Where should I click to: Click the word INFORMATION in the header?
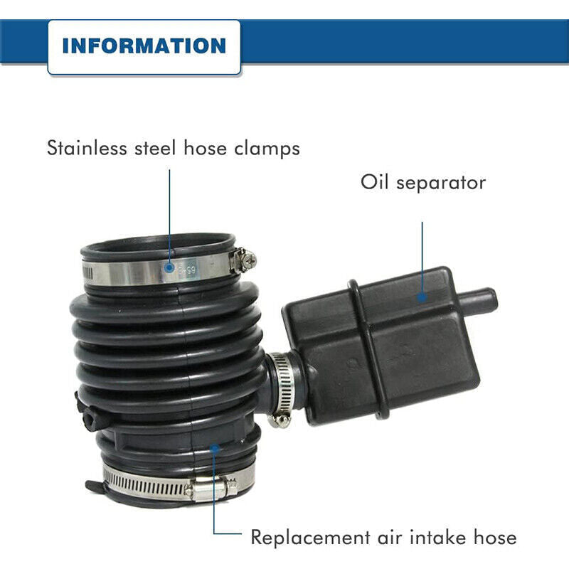pos(144,46)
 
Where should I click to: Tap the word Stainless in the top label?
pos(87,148)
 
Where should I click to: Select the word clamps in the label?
pos(267,149)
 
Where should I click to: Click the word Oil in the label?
pos(375,181)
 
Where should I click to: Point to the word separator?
pos(441,183)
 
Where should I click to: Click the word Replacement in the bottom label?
pos(311,538)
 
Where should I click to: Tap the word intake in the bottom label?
pos(437,537)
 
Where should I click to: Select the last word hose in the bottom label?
pos(494,537)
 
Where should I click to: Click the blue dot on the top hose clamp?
pos(169,268)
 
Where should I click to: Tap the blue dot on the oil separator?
pos(422,297)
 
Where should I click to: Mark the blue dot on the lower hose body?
pos(215,449)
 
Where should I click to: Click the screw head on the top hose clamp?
pos(248,260)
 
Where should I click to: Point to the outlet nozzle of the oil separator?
pos(478,300)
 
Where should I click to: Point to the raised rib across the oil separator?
pos(368,349)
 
